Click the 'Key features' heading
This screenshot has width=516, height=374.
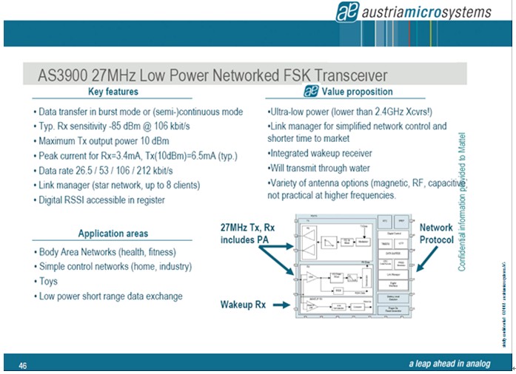click(x=113, y=92)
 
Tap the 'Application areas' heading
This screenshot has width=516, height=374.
click(x=113, y=234)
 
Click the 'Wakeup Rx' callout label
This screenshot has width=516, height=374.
click(x=243, y=304)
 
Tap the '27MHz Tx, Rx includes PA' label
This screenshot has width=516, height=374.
click(x=247, y=234)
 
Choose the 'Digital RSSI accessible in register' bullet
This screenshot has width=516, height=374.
click(x=102, y=199)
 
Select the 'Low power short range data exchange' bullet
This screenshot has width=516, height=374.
click(x=110, y=296)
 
